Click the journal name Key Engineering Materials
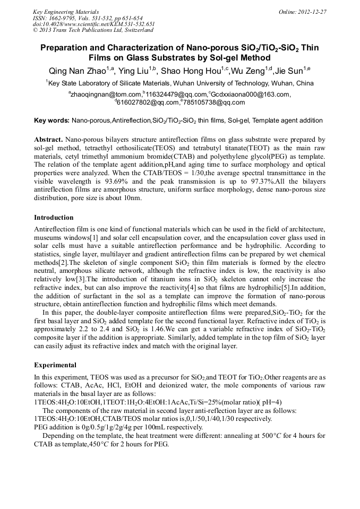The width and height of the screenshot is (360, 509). tap(66, 12)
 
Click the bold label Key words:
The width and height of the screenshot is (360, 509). tap(52, 121)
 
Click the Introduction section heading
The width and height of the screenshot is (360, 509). tap(54, 218)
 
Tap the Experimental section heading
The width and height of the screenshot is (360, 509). tap(55, 365)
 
